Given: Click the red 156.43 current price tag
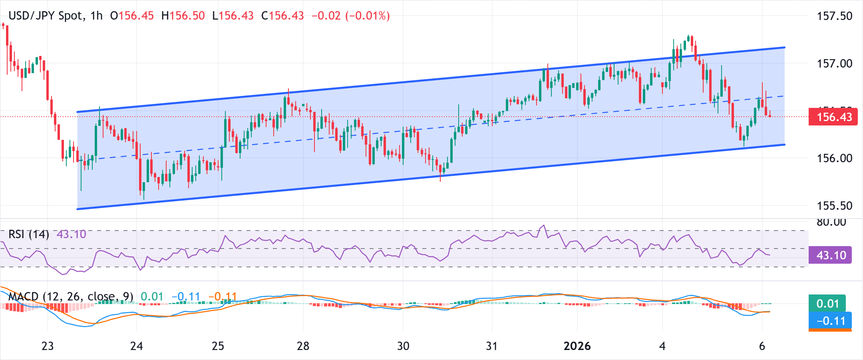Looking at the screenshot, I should point(833,117).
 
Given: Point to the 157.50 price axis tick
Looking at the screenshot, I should point(835,16).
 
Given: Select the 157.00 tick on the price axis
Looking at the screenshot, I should point(835,63).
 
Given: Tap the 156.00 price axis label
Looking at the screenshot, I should point(835,158).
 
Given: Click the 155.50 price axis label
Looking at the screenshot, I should point(835,206).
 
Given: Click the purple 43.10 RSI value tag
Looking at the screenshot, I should point(830,255).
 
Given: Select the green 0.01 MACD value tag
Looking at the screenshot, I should point(827,304).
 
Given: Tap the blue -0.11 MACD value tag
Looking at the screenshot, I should point(830,321).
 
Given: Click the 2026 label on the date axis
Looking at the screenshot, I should point(577,346).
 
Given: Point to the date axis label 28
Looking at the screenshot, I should point(303,346).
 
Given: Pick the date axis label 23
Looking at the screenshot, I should point(48,346).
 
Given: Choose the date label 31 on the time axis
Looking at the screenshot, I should point(491,346).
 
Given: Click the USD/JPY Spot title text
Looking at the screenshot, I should point(46,16).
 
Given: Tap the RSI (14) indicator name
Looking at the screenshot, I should point(29,234).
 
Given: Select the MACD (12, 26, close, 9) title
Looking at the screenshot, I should point(71,296).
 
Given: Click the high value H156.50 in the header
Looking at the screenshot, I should point(183,16).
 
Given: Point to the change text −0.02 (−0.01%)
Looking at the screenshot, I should point(350,16).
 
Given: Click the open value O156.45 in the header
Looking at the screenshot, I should point(132,16).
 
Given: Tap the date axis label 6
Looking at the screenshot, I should point(762,346).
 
